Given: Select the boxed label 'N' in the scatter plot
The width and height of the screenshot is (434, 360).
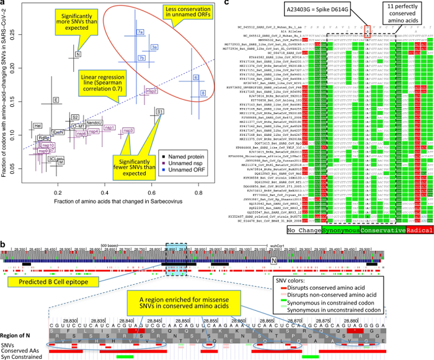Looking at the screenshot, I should click(77, 55).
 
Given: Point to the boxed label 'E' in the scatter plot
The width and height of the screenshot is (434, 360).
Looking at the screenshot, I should click(56, 99).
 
